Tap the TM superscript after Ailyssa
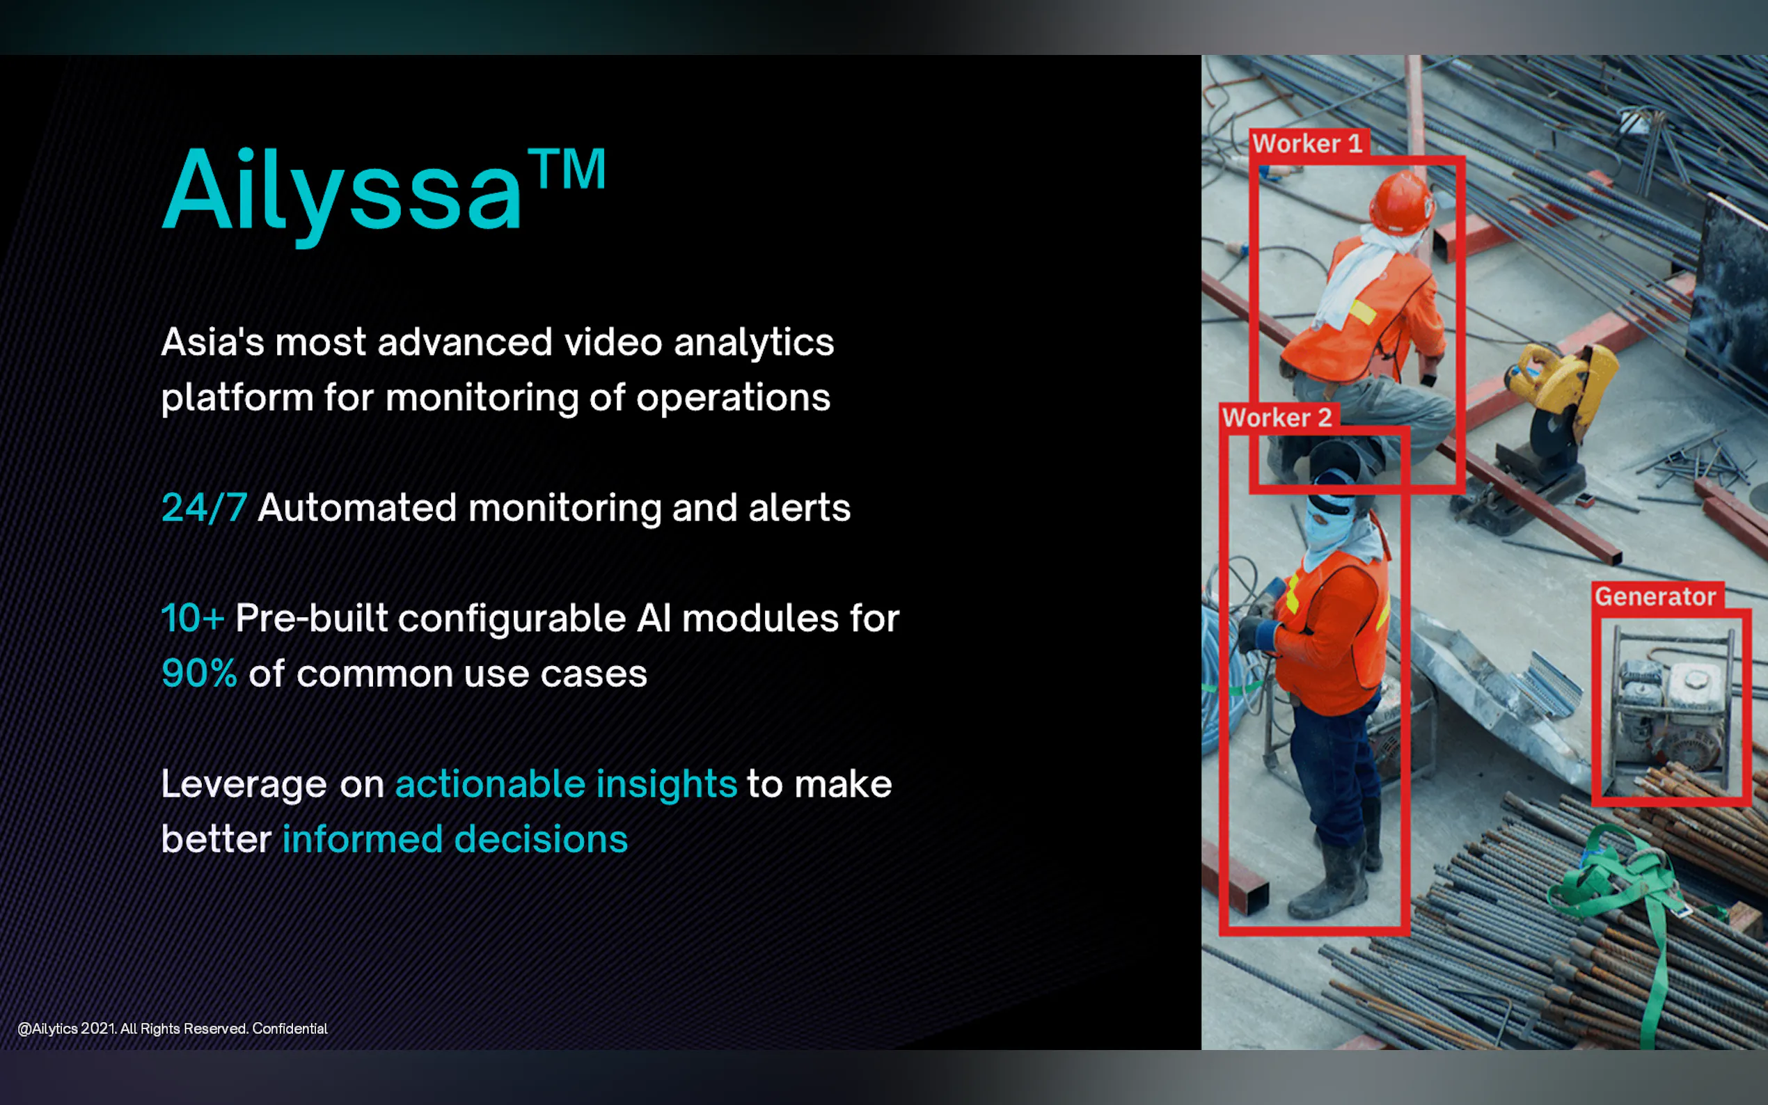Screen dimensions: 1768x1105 tap(568, 169)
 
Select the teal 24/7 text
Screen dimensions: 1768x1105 tap(204, 508)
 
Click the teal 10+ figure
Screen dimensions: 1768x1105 tap(192, 619)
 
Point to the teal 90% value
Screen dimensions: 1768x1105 tap(199, 673)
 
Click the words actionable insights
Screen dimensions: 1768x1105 tap(566, 784)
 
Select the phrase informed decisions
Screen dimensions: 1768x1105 tap(455, 839)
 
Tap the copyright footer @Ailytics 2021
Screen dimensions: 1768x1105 tap(173, 1029)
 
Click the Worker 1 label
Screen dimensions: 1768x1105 tap(1307, 143)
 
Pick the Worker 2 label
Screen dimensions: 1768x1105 tap(1277, 418)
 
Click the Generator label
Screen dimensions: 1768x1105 tap(1655, 596)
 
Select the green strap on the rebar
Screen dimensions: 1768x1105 tap(1637, 914)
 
